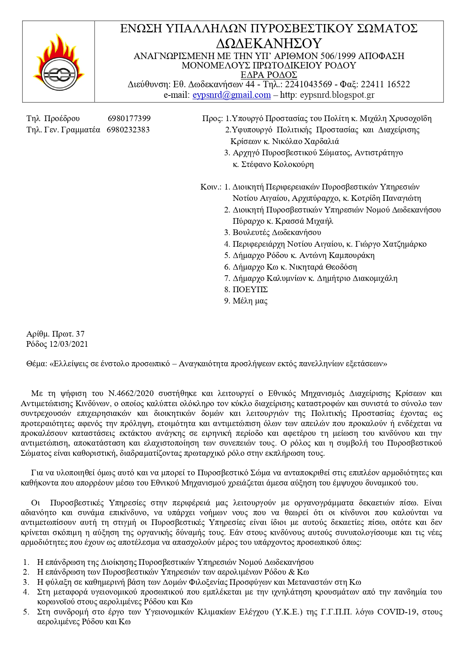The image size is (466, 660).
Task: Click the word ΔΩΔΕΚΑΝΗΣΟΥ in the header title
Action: [x=269, y=44]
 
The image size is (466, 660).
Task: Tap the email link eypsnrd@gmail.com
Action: [x=231, y=95]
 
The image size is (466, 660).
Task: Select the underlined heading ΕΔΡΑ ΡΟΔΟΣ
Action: [x=269, y=74]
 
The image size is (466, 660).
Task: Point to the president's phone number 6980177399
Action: [x=129, y=118]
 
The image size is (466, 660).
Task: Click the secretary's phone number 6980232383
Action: [x=128, y=130]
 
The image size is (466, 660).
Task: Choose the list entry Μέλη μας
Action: [x=250, y=301]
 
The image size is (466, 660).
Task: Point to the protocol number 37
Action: [x=80, y=334]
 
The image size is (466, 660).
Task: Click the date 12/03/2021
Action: [x=69, y=344]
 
